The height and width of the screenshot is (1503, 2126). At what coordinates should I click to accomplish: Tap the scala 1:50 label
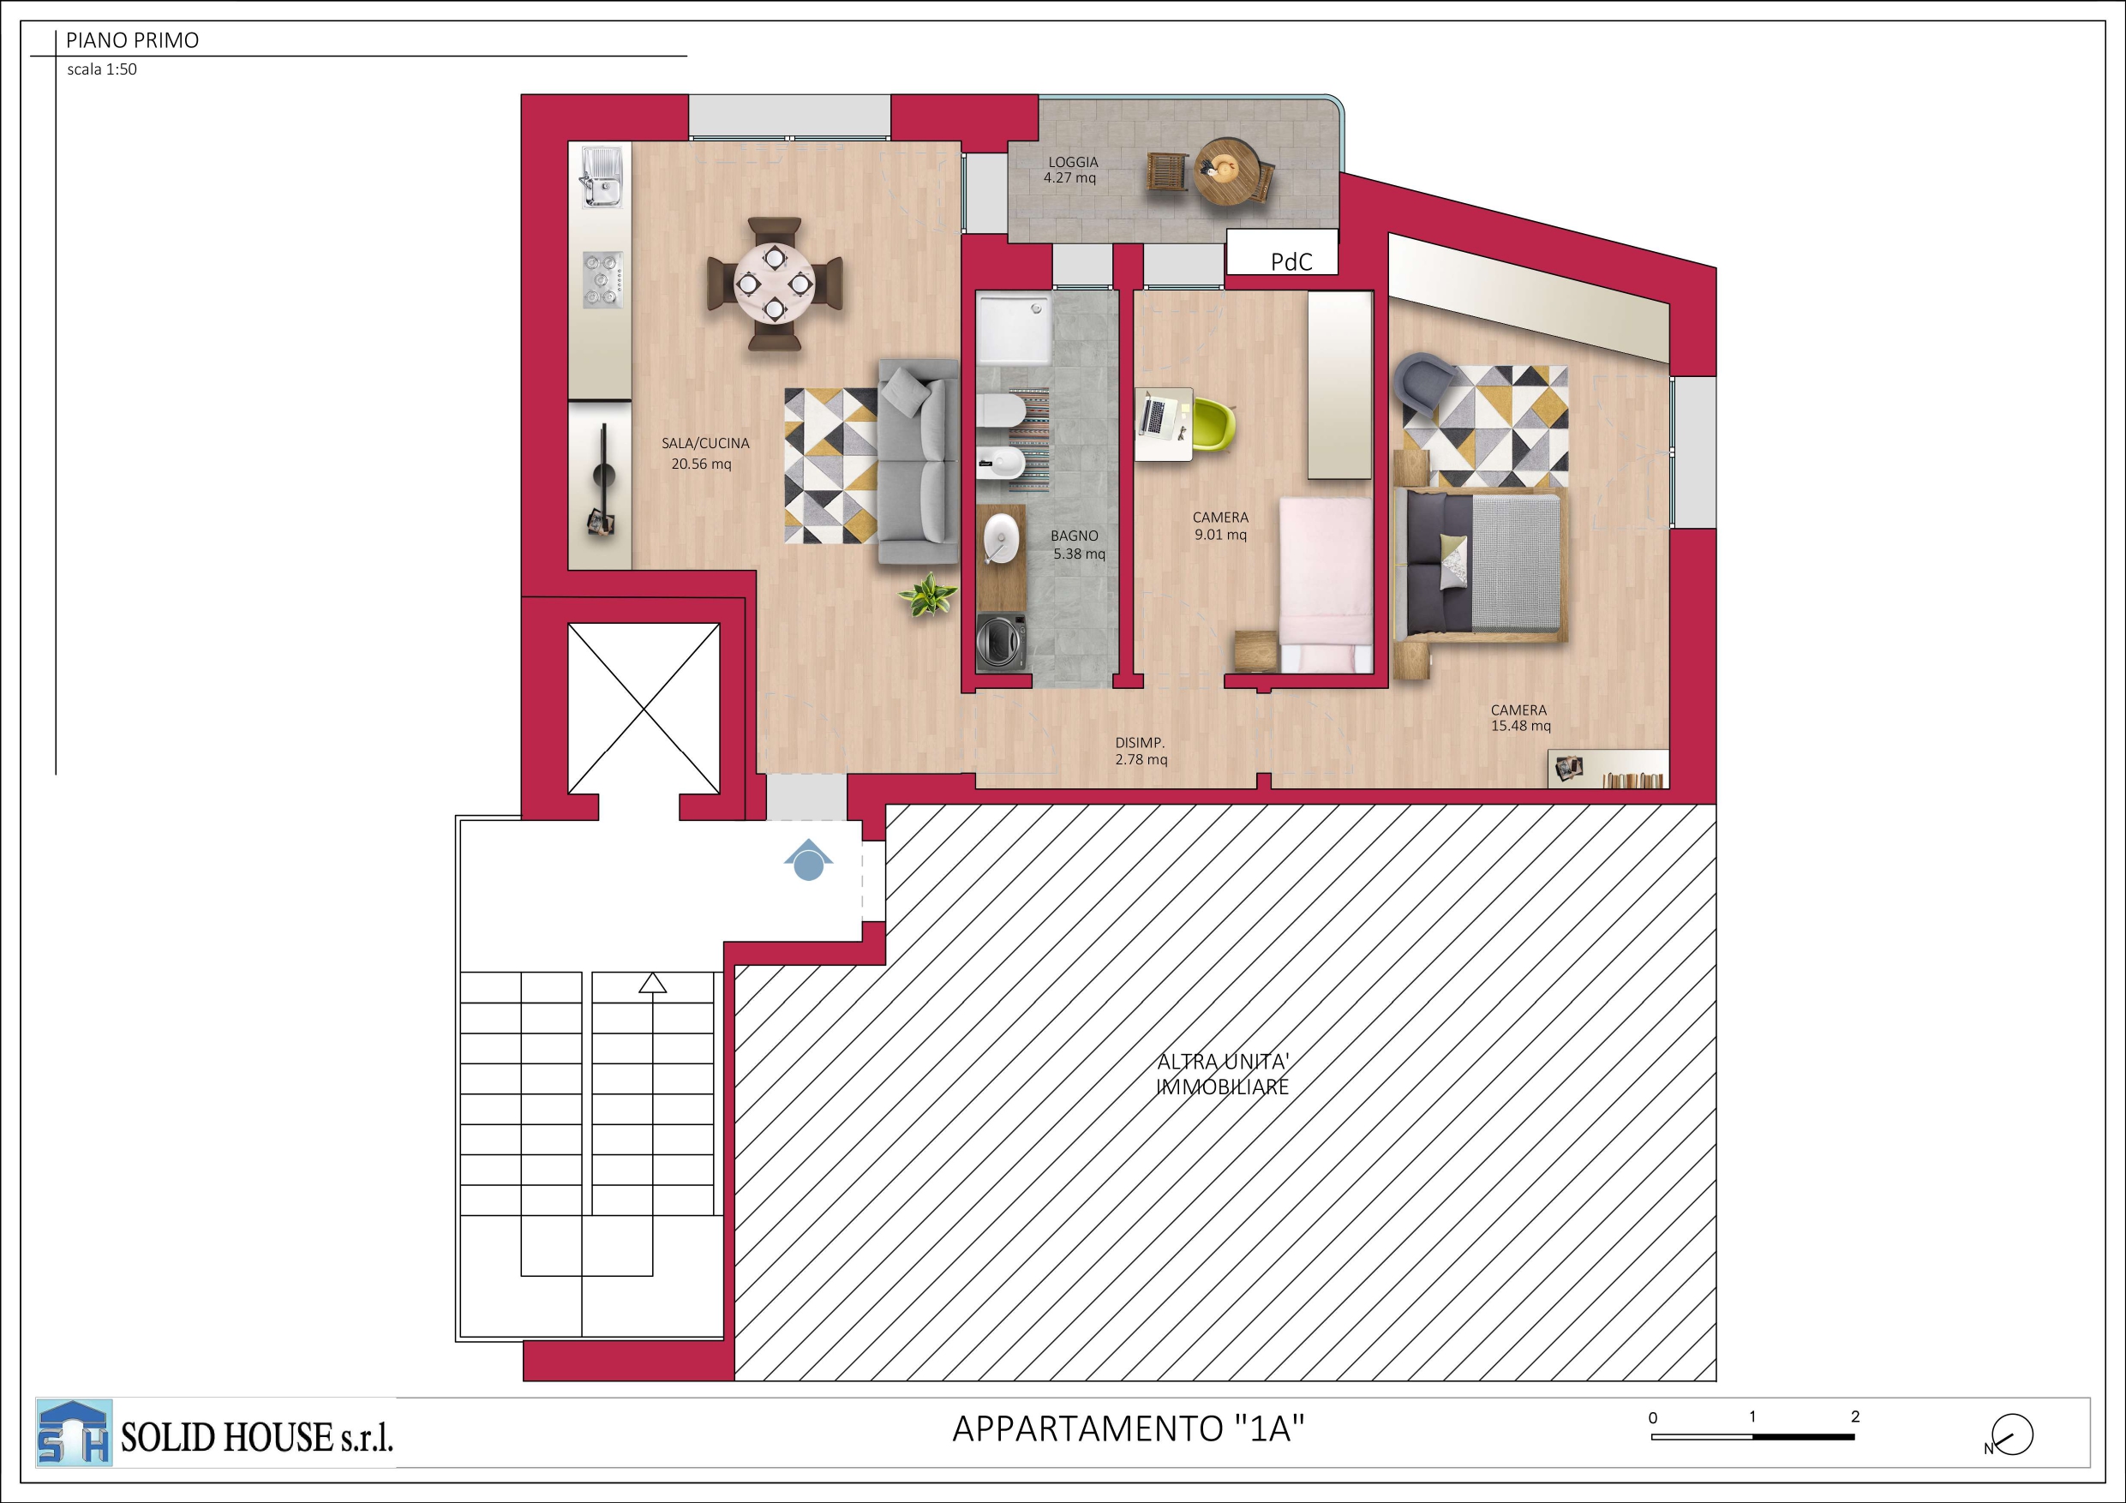click(102, 69)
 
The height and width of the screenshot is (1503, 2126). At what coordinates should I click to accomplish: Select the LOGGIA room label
click(1073, 162)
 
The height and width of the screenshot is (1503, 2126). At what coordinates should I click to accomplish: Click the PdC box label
click(1291, 262)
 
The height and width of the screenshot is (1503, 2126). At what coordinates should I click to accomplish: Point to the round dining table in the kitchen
click(775, 284)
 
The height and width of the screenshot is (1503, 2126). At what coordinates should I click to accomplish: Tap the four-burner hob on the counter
click(602, 279)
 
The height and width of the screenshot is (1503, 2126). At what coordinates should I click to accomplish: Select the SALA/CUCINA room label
click(705, 444)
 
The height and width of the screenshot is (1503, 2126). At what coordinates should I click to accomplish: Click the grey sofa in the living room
click(918, 461)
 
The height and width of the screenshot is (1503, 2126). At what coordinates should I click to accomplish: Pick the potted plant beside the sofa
click(928, 595)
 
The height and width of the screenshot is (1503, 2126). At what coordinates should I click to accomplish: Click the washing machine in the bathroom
click(1001, 640)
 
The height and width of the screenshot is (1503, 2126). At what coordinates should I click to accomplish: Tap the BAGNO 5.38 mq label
click(1077, 544)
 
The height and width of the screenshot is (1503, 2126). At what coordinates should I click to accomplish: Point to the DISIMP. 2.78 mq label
click(1141, 751)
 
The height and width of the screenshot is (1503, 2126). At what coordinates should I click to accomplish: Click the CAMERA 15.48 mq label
click(1520, 718)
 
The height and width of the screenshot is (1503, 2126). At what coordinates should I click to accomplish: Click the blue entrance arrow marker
click(808, 859)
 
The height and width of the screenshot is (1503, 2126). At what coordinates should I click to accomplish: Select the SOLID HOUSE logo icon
click(74, 1433)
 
